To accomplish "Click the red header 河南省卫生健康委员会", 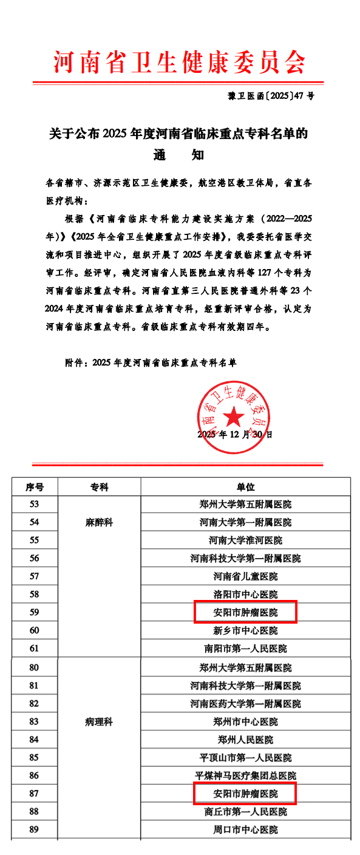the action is [x=180, y=61].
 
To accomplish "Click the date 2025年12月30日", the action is [x=235, y=435].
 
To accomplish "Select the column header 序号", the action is [x=35, y=487].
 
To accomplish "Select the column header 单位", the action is [x=245, y=487].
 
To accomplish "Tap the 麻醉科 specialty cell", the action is [x=100, y=522].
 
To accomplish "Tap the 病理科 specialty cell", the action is [x=100, y=722].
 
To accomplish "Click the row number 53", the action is [x=35, y=504].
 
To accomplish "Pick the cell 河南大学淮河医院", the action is [x=245, y=540].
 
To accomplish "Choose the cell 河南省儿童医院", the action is [x=245, y=576].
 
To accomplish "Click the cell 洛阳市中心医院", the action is [x=245, y=594].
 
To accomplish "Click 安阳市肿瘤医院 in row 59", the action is [x=245, y=613].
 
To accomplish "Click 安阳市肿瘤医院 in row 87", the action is [x=245, y=794].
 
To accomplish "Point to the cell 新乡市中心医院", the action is [x=245, y=631].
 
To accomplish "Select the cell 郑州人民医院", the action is [x=245, y=740].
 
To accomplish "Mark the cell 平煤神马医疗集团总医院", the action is [x=245, y=775].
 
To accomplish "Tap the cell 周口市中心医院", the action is [x=245, y=829].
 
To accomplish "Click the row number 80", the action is [x=35, y=667].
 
